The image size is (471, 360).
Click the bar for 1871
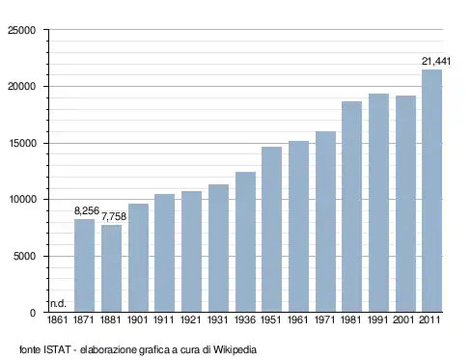pos(84,265)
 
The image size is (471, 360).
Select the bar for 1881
pos(111,268)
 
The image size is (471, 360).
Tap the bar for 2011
pos(431,191)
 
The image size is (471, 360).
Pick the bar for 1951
pos(271,230)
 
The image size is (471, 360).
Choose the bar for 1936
pos(245,242)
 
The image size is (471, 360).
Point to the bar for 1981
pos(351,207)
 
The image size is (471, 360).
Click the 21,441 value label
pos(436,61)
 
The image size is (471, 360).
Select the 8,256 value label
pos(87,211)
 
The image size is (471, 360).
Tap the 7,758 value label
pos(114,216)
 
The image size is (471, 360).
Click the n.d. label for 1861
pos(58,303)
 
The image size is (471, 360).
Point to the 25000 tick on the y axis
pos(22,30)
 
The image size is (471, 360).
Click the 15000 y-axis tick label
pos(22,143)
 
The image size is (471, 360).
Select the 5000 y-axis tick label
pos(24,257)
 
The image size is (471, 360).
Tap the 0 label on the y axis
pos(33,313)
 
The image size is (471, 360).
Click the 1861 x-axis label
pos(57,320)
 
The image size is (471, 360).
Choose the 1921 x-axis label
pos(190,320)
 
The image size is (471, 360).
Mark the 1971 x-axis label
pos(324,320)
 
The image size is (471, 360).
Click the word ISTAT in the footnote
pos(57,349)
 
